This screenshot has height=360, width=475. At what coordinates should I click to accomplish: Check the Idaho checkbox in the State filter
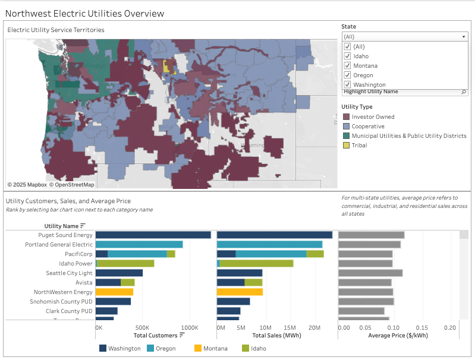[x=348, y=56]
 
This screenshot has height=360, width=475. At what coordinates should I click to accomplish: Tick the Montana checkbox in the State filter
[x=348, y=66]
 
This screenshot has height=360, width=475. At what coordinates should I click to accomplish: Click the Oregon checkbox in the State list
[x=348, y=75]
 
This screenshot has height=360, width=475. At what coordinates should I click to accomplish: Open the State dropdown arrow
[x=464, y=37]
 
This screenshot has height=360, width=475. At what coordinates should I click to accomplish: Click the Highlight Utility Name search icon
[x=464, y=92]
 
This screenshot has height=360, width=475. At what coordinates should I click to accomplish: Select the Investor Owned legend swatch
[x=345, y=117]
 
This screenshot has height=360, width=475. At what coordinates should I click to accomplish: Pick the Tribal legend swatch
[x=345, y=146]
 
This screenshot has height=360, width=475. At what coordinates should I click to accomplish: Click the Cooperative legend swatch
[x=345, y=127]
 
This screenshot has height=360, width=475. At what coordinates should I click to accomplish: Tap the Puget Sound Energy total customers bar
[x=153, y=235]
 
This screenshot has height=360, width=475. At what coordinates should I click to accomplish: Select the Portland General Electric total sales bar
[x=269, y=245]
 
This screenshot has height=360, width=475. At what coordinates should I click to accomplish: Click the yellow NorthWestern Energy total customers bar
[x=114, y=292]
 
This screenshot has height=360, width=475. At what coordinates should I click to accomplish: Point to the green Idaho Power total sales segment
[x=256, y=264]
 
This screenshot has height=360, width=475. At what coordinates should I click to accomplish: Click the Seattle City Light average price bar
[x=370, y=273]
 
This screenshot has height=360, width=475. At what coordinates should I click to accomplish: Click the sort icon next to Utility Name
[x=83, y=226]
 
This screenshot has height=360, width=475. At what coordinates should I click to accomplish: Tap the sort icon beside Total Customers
[x=182, y=335]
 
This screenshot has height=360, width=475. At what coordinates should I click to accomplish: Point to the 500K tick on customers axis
[x=142, y=327]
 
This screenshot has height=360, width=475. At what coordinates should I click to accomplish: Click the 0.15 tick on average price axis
[x=421, y=327]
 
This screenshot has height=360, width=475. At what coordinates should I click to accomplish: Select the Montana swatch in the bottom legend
[x=197, y=349]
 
